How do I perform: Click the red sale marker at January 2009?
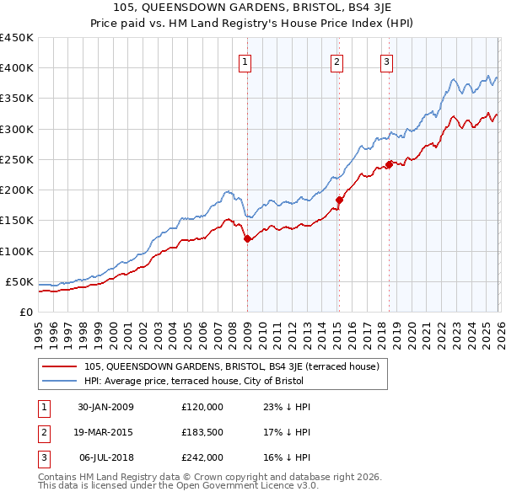(247, 239)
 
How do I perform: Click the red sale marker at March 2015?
(339, 200)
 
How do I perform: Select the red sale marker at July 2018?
(389, 164)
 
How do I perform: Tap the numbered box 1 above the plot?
(245, 61)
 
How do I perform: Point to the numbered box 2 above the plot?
(336, 61)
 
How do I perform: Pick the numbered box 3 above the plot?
(386, 61)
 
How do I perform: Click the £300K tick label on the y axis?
(16, 129)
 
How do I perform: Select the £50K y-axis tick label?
(19, 281)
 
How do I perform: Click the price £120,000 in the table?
(202, 407)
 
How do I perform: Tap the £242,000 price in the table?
(202, 457)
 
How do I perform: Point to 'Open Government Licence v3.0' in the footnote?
(247, 487)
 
